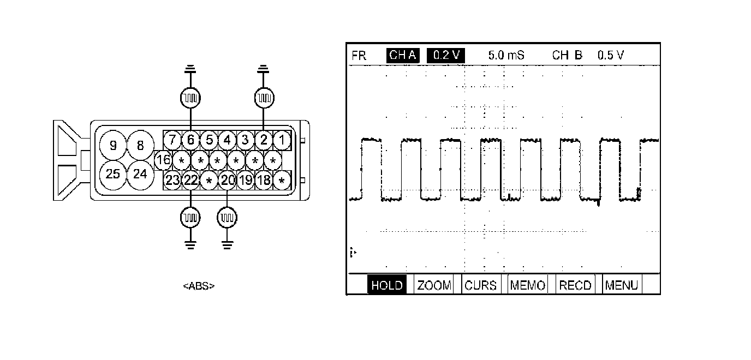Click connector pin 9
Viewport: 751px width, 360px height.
click(114, 146)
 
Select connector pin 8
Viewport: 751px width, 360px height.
click(140, 146)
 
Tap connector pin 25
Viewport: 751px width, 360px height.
click(114, 175)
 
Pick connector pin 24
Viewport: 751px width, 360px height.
click(140, 175)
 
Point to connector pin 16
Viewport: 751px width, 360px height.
click(163, 160)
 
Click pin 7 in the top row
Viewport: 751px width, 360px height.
click(172, 140)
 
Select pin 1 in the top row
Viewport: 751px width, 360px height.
click(282, 140)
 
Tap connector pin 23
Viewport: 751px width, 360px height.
click(172, 181)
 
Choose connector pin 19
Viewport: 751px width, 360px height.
click(246, 181)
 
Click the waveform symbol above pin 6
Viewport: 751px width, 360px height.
click(190, 98)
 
